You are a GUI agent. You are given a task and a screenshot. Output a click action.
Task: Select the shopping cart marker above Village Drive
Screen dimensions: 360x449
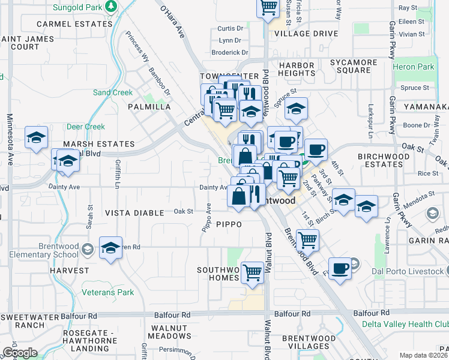point(268,8)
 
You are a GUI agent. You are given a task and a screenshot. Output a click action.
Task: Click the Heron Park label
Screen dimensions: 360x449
point(414,67)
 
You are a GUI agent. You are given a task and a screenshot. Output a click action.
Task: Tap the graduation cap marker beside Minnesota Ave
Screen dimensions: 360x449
point(36,138)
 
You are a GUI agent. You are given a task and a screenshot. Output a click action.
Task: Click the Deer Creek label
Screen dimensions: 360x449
point(86,127)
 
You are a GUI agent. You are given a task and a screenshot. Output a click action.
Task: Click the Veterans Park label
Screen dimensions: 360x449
point(109,292)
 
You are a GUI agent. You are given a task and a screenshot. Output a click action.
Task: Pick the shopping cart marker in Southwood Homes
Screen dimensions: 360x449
point(253,272)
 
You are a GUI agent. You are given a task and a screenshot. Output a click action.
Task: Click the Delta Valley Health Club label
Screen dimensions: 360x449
point(405,324)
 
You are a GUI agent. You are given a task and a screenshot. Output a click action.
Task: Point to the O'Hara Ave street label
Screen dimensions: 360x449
point(172,23)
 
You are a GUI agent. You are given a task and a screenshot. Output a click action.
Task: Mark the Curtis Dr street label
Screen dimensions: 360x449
point(231,28)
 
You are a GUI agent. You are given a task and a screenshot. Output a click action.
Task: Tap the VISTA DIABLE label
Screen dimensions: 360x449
point(134,213)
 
